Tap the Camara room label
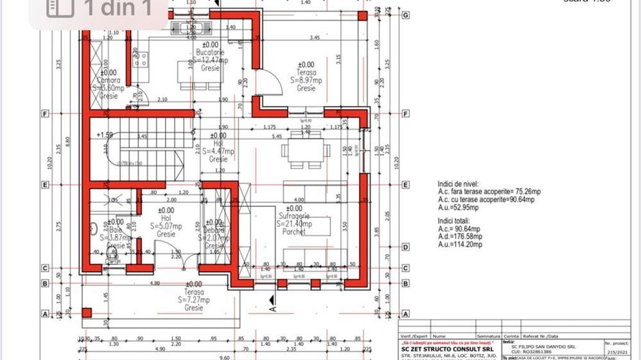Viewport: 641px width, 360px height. click(x=110, y=80)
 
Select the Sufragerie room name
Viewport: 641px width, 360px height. click(x=294, y=216)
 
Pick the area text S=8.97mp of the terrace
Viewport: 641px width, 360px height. click(x=305, y=80)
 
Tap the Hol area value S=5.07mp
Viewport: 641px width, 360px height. click(x=166, y=226)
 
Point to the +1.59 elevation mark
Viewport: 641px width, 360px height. click(x=106, y=135)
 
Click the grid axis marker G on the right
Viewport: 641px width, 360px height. click(x=406, y=15)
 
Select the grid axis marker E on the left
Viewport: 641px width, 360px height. click(x=45, y=184)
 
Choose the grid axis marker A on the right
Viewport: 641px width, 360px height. click(x=406, y=314)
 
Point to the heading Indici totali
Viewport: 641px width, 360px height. click(x=460, y=222)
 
